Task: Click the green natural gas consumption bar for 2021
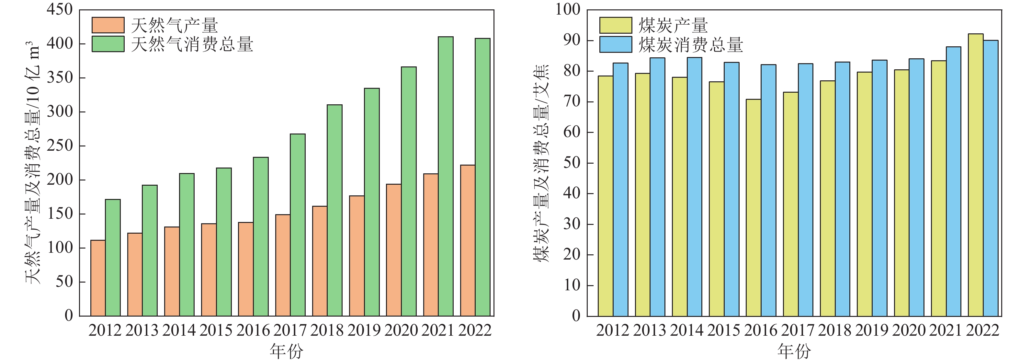pos(446,176)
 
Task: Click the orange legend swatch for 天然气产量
pos(108,25)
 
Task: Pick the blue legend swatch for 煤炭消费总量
pos(615,44)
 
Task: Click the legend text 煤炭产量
pos(673,26)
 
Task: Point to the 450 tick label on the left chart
pos(59,9)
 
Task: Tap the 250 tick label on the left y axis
pos(59,146)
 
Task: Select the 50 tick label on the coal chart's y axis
pos(572,163)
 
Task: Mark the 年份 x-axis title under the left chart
pos(286,351)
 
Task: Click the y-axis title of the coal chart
pos(542,163)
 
